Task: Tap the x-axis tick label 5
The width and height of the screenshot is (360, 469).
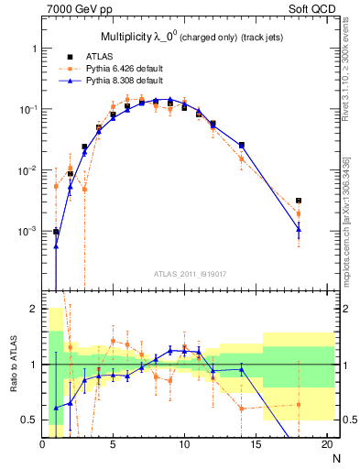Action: point(113,444)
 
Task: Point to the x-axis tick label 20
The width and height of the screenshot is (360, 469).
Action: point(326,444)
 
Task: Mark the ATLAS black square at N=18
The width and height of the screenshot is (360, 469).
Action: point(299,201)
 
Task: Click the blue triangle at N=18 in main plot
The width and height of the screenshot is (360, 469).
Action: point(299,229)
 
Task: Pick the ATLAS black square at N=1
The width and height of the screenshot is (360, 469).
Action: point(56,232)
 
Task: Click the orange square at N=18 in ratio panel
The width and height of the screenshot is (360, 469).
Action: point(299,404)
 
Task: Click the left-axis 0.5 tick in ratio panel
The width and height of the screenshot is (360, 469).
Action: point(30,420)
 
